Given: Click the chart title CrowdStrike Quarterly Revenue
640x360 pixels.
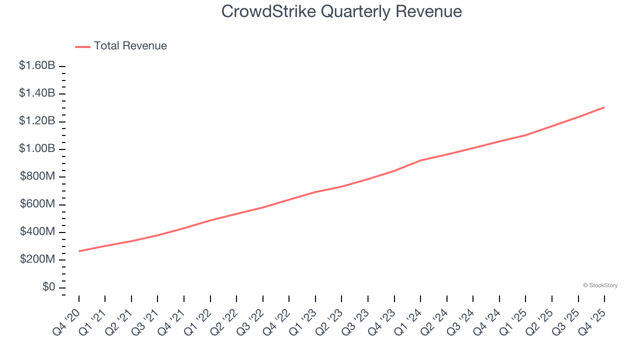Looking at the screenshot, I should tap(341, 11).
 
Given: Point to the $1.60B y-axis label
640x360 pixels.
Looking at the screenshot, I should tap(37, 65).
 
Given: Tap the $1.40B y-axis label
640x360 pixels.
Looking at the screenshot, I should tap(37, 93).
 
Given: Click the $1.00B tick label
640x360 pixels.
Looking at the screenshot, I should tap(37, 148).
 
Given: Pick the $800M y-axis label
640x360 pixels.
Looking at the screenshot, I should tap(37, 176).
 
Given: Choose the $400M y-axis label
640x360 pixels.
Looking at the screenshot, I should tap(37, 231).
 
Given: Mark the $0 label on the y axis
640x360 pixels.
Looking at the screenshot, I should tap(48, 287).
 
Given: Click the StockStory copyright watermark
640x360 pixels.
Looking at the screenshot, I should tap(600, 285).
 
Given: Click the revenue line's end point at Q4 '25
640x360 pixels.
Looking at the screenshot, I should tap(604, 107).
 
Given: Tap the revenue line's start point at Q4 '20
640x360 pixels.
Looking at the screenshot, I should tap(79, 251).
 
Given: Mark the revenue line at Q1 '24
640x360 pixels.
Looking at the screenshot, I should tap(420, 160).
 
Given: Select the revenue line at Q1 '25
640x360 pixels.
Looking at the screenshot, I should tap(525, 135).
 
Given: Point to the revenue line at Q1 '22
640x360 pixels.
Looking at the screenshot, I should tap(210, 220).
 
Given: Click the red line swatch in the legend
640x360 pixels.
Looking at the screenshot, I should tap(82, 46).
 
